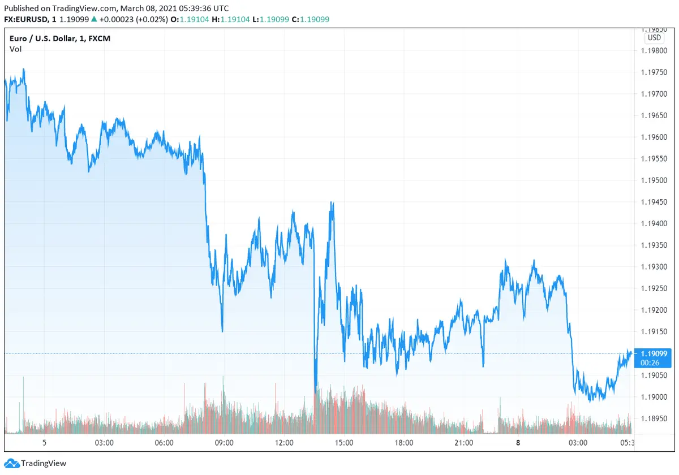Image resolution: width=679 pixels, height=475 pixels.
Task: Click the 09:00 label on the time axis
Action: pyautogui.click(x=224, y=442)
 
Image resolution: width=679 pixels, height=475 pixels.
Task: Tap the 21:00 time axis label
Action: pyautogui.click(x=464, y=442)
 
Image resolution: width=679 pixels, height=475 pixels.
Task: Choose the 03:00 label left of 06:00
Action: pyautogui.click(x=104, y=442)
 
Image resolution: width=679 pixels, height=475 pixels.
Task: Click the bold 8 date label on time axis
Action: pyautogui.click(x=518, y=442)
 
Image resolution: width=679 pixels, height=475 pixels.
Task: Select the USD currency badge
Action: pyautogui.click(x=654, y=38)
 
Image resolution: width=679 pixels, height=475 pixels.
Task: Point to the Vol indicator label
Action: pyautogui.click(x=15, y=49)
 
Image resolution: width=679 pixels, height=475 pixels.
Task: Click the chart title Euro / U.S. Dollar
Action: pyautogui.click(x=45, y=38)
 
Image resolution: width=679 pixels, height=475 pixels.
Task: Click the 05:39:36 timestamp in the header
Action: pyautogui.click(x=194, y=8)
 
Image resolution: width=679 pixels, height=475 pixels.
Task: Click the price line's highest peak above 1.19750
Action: pyautogui.click(x=24, y=69)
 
